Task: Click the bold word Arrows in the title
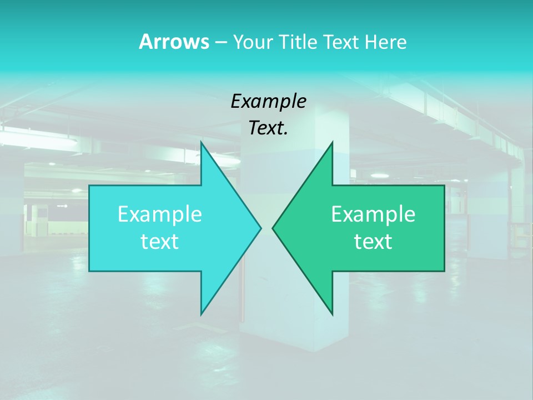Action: click(x=174, y=42)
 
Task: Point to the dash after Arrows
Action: click(x=220, y=42)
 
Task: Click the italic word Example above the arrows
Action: click(x=268, y=102)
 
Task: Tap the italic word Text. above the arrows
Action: click(x=268, y=128)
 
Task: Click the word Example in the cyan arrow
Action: click(x=160, y=214)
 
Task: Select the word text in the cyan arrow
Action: click(x=160, y=242)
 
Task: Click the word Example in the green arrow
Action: click(x=373, y=214)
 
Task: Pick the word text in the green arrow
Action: click(x=373, y=242)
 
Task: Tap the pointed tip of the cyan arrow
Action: click(x=259, y=228)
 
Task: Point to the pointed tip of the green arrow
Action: click(x=274, y=228)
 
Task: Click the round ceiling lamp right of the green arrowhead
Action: click(x=379, y=176)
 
